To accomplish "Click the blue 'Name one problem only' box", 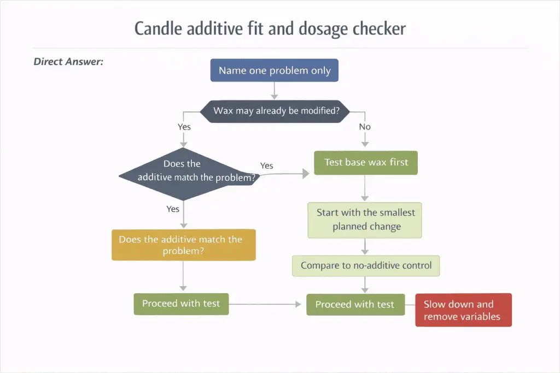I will coord(275,70).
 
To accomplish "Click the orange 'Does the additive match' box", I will coord(183,245).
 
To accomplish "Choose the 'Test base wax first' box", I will coord(365,163).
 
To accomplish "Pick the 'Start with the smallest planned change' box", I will coord(365,220).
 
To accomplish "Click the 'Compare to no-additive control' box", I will coord(366,266).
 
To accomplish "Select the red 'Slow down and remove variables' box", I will coord(463,310).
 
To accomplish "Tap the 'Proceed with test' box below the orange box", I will coord(181,304).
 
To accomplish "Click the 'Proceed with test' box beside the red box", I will coord(355,304).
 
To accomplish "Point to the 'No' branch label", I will coord(365,127).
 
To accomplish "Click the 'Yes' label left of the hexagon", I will coord(184,126).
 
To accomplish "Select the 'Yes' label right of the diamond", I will coord(266,165).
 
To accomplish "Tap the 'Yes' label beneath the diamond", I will coord(173,209).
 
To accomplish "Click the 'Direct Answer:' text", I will coord(68,61).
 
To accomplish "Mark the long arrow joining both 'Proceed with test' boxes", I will coord(267,304).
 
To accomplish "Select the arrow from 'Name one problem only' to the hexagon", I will coord(275,90).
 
